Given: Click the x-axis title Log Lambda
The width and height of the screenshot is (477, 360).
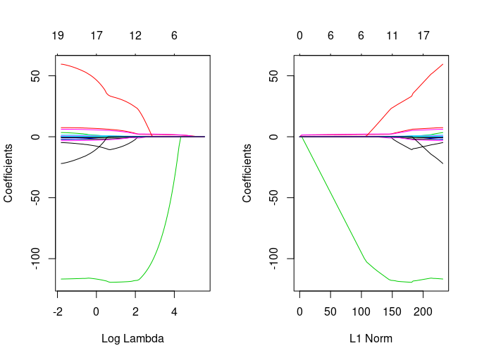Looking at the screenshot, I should point(132,338).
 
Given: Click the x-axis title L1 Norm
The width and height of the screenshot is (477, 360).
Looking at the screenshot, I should point(371,338).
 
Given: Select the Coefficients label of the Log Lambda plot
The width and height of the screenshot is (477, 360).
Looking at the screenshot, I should point(8,173).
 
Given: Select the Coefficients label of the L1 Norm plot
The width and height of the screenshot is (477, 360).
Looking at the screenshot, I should point(247,173).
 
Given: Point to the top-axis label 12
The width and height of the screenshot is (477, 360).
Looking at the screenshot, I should point(135,35).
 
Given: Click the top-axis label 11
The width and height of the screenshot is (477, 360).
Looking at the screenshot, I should point(392,35).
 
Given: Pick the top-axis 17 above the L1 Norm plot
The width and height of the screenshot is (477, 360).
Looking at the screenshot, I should point(423,35).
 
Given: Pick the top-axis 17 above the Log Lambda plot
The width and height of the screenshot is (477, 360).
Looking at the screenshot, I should point(97,35).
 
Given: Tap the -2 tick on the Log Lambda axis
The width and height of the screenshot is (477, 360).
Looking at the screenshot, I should point(57,311).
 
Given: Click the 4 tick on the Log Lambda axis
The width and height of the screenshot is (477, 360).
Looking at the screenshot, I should point(174,311).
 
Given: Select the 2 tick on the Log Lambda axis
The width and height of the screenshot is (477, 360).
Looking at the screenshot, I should point(135,311).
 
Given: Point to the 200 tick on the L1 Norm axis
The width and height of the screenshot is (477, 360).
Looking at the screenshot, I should point(423,311).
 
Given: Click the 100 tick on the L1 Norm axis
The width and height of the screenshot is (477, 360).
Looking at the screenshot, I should point(361,311).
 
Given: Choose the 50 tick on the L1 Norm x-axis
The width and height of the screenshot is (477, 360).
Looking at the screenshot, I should point(330,311).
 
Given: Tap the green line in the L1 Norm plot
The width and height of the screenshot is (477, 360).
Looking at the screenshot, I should point(331,197).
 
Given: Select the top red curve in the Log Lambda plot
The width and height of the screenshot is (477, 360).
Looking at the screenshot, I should point(85,70).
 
